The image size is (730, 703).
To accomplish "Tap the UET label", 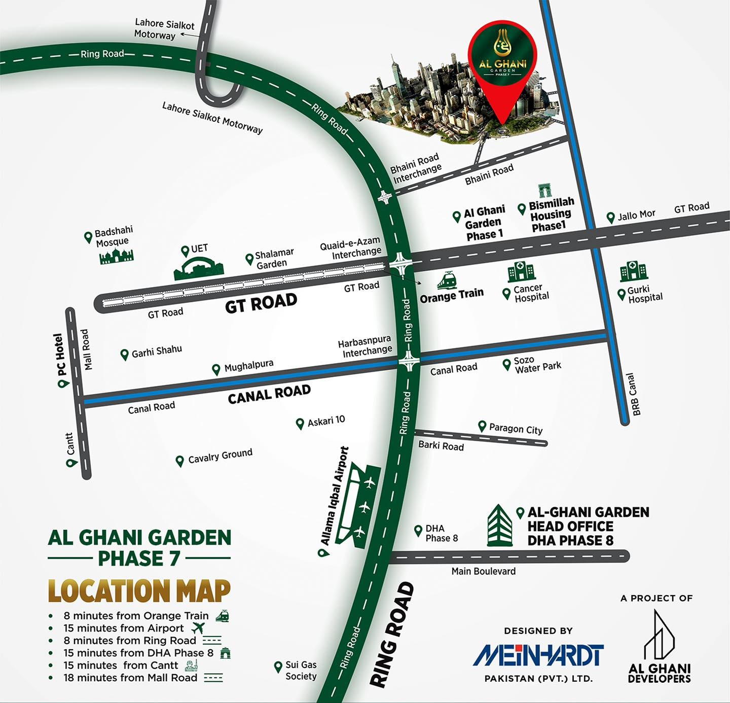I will coord(199,249).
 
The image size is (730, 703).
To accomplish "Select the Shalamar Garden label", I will coord(274,258).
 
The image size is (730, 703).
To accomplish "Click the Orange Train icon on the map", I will coord(447,280).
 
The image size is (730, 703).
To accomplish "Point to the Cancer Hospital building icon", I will coord(522,272).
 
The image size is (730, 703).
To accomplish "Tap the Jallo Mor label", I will coord(636,215).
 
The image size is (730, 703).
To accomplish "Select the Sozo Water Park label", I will coord(537,365).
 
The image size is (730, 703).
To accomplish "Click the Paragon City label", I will coord(515,429).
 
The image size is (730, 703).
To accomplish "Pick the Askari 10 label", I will coord(325,420).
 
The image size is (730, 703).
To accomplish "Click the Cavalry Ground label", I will coord(220,456).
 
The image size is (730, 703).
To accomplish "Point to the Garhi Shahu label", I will coord(156,350).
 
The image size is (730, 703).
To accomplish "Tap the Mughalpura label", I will coord(248,365).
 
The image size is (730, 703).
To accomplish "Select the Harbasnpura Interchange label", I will coord(365,345).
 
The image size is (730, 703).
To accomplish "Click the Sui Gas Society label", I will coord(301,670).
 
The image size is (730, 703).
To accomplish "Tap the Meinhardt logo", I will coord(538,655).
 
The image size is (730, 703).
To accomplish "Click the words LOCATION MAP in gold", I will coord(139,591).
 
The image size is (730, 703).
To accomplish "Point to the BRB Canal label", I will coord(633,394).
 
